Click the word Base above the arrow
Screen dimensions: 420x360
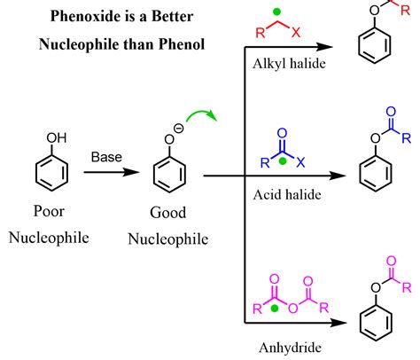pos(106,157)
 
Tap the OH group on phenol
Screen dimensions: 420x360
pos(57,137)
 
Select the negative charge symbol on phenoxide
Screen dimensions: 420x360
pos(179,129)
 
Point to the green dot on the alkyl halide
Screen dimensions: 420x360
pos(276,12)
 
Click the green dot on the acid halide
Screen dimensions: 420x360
pos(283,161)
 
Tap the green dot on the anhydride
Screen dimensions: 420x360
pos(275,309)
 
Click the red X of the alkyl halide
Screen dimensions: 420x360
pos(296,32)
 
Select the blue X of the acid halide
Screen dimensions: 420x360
pos(300,162)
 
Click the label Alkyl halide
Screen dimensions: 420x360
pos(289,64)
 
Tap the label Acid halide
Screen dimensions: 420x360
pos(287,195)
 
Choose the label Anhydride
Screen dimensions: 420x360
pos(290,348)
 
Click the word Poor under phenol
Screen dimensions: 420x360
pos(49,211)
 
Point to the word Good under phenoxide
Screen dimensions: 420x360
pos(168,213)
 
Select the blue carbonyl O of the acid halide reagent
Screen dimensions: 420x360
pos(283,134)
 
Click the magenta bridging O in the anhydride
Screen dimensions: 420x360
pos(293,309)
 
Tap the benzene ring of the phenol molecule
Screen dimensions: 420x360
pos(51,173)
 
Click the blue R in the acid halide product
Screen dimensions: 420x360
pos(407,138)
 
